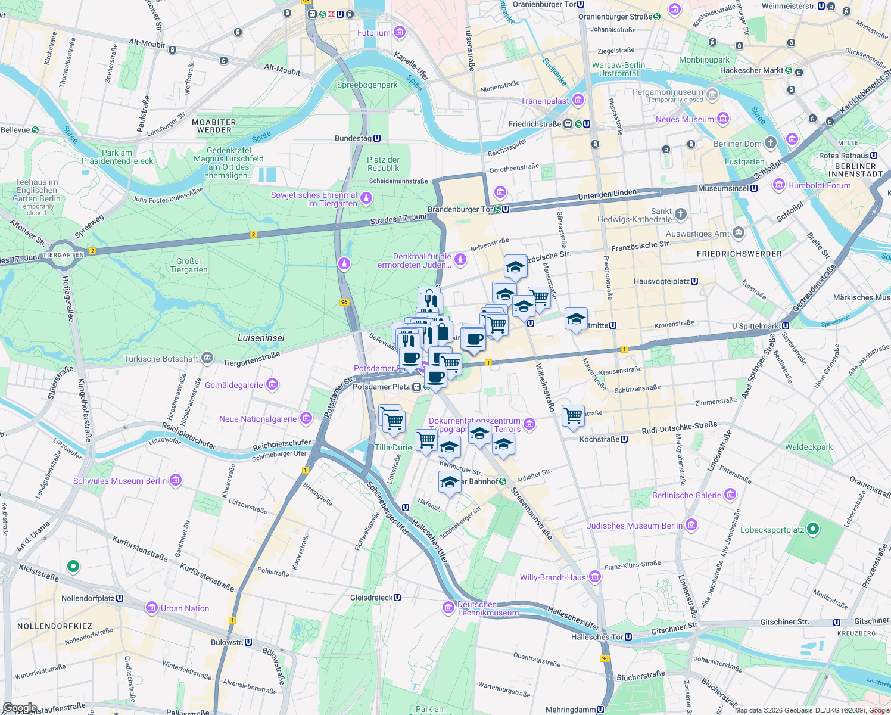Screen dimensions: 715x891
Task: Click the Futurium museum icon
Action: [x=400, y=32]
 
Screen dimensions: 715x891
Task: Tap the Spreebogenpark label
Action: [x=367, y=85]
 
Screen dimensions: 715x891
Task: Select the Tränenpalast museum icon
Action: [x=578, y=100]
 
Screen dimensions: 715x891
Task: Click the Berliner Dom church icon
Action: [x=771, y=143]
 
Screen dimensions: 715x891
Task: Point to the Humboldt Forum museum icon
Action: [x=779, y=185]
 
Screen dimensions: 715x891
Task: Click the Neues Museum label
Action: [x=684, y=119]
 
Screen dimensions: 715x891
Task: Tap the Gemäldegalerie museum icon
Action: [x=272, y=385]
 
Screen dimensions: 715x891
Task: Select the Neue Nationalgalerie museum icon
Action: [x=306, y=418]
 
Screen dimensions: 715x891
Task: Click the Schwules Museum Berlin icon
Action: [x=176, y=480]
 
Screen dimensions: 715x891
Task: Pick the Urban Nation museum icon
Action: [x=152, y=608]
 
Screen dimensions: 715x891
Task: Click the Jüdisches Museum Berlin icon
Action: [x=691, y=525]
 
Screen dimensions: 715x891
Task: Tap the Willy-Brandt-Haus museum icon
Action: [x=594, y=577]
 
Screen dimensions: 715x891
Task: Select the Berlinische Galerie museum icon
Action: [x=730, y=495]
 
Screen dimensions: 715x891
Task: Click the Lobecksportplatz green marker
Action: [x=814, y=529]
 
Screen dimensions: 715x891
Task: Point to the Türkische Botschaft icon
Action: [x=207, y=358]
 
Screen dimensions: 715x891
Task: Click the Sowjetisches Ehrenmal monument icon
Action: [x=366, y=198]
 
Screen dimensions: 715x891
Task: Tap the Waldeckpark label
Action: [x=808, y=447]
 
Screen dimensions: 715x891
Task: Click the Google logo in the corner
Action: [x=20, y=708]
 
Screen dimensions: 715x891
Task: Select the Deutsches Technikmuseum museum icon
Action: [x=448, y=608]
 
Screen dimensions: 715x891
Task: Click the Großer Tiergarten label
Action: [x=189, y=265]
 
